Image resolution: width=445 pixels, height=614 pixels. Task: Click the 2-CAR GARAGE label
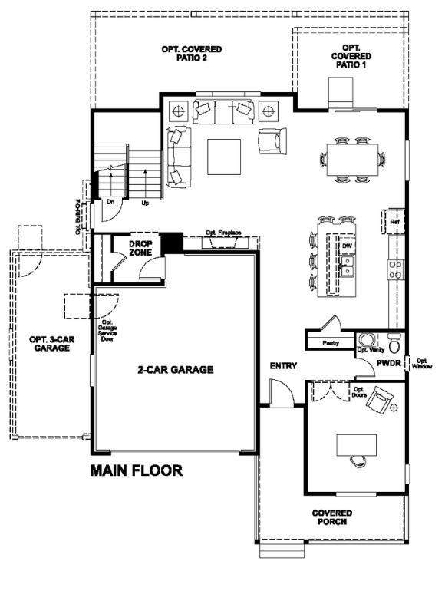(175, 369)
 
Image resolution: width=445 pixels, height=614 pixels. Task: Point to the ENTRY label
(283, 366)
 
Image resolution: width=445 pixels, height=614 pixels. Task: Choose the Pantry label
(331, 343)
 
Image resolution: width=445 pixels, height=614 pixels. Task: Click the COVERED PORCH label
(331, 517)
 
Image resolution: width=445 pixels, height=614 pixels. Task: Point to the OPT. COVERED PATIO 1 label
(351, 56)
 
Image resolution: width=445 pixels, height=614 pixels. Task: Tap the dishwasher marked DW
(347, 246)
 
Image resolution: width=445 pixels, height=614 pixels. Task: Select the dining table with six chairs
(352, 160)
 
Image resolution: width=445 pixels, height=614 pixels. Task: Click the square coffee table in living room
(226, 156)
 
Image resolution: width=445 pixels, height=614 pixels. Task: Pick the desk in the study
(358, 444)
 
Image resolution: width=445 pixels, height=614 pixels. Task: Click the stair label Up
(145, 203)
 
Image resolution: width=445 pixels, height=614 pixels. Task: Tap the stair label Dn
(110, 203)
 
